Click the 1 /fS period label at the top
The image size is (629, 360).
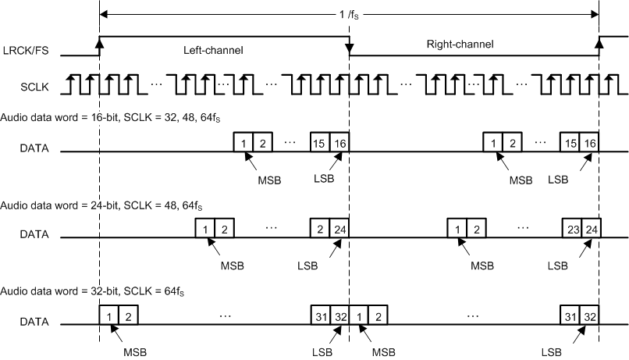350,13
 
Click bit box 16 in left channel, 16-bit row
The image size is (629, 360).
339,143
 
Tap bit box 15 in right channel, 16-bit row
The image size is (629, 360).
570,143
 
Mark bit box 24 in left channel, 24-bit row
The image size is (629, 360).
339,230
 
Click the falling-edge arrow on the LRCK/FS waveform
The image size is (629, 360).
349,52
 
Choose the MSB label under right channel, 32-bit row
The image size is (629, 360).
383,351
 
